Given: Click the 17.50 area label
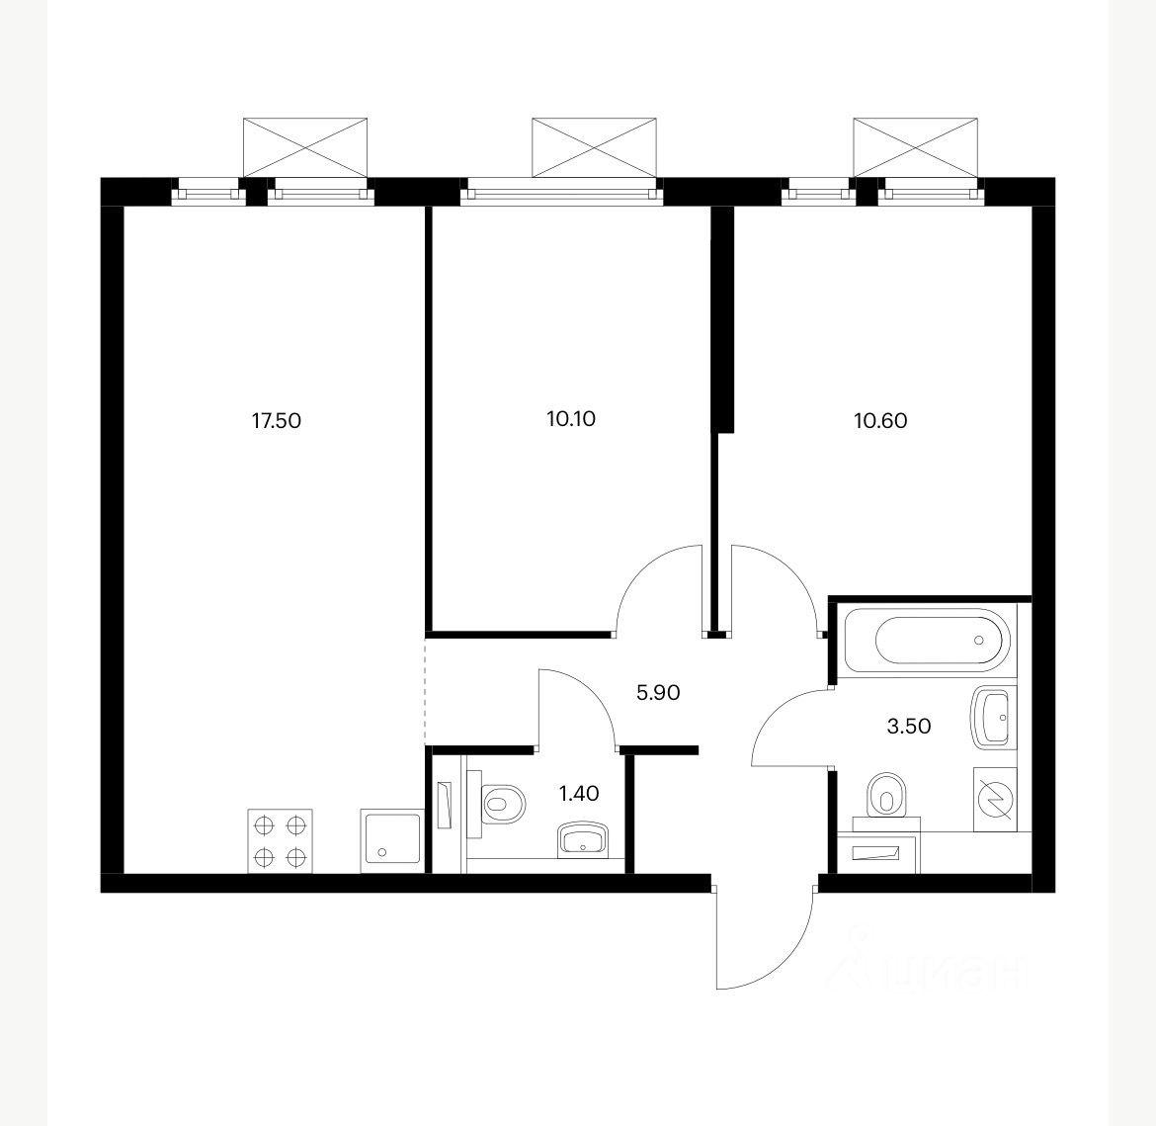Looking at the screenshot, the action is click(277, 420).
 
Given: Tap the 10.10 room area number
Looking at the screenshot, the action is click(571, 418).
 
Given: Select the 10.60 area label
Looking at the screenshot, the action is click(880, 420).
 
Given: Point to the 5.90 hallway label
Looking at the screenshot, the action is click(658, 692).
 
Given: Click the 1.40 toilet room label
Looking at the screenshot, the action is click(579, 794).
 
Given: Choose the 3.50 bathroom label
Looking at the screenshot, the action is click(908, 726).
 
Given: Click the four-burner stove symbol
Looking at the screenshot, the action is click(280, 841).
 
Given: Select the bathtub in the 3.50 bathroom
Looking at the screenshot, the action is click(931, 639).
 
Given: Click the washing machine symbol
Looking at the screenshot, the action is click(995, 799).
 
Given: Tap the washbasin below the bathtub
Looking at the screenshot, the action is click(995, 717).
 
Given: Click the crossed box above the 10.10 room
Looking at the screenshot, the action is click(594, 147).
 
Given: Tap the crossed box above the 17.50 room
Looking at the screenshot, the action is click(305, 147).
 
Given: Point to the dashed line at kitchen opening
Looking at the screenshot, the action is click(426, 691).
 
